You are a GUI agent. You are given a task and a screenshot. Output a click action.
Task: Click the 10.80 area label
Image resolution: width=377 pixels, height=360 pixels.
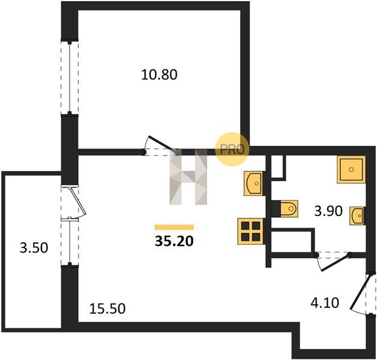[x=159, y=74]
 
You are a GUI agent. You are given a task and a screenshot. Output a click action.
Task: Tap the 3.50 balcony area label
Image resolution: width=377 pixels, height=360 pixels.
[x=34, y=248]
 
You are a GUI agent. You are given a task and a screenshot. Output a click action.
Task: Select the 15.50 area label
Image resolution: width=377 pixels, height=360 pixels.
[x=107, y=309]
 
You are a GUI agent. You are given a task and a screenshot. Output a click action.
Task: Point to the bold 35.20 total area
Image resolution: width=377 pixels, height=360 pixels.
[x=174, y=241]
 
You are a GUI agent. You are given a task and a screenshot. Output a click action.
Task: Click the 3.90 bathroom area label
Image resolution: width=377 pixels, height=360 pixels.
[x=328, y=211]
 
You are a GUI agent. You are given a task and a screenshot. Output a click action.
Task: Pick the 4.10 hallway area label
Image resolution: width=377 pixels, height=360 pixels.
[x=325, y=303]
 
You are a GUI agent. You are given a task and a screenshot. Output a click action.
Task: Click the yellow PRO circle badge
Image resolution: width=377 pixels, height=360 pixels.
[x=232, y=149]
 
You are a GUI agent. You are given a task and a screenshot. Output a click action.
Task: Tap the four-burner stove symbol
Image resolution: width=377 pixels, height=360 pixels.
[x=251, y=232]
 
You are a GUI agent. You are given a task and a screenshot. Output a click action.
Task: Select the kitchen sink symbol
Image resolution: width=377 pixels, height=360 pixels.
[x=254, y=184]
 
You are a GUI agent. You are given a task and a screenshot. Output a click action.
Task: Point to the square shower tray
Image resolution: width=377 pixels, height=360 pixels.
[x=351, y=169]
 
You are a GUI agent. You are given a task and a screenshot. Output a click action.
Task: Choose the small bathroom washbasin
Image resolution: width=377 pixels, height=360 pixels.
[x=357, y=216]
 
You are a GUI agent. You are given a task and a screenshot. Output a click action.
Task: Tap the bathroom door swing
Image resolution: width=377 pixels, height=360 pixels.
[x=334, y=262]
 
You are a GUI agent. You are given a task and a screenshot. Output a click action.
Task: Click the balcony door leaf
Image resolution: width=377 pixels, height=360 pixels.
[x=77, y=202]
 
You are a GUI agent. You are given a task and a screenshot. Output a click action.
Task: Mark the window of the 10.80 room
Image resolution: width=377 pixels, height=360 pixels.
[x=70, y=77]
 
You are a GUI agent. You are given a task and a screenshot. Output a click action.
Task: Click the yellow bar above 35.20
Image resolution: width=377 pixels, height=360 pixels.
[x=174, y=227]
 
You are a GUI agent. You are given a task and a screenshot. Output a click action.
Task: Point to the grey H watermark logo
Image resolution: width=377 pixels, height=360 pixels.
[x=188, y=177]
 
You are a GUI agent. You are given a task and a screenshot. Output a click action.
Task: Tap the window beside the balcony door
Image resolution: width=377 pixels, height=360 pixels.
[x=70, y=241]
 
